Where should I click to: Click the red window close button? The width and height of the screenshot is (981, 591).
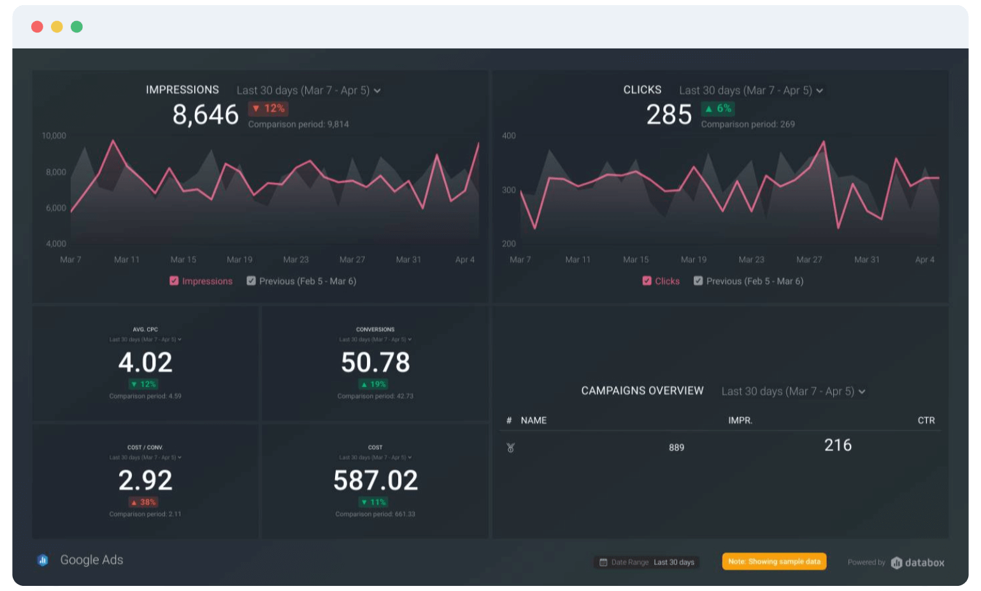pos(37,27)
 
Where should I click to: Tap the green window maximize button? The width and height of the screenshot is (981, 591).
pos(76,27)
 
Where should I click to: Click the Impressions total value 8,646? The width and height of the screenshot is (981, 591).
pos(205,115)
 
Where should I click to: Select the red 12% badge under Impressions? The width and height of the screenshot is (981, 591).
pos(268,108)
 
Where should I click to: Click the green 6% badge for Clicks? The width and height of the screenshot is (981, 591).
pos(718,108)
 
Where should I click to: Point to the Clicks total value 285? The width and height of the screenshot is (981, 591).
pos(668,115)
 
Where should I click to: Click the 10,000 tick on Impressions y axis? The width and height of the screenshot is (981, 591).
pos(54,136)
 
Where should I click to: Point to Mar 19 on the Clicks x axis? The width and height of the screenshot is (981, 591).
pos(693,259)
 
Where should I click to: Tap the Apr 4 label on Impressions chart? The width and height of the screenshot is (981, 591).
pos(464,259)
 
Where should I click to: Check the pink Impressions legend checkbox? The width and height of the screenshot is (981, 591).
pos(174,281)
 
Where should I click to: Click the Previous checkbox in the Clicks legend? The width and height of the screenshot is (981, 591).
pos(698,281)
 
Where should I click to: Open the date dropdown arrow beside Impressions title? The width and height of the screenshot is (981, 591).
pos(377,91)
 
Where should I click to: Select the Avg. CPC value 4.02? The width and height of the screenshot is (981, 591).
pos(145,363)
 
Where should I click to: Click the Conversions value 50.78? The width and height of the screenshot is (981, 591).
pos(375,363)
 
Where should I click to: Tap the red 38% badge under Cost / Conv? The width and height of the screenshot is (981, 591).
pos(143,502)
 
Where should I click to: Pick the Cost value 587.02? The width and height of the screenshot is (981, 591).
pos(375,481)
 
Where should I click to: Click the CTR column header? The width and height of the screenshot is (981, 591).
pos(926,420)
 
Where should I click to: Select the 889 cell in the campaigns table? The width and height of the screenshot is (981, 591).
pos(676,448)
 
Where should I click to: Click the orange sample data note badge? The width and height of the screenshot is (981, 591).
pos(774,562)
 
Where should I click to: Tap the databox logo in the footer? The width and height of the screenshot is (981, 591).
pos(917,562)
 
